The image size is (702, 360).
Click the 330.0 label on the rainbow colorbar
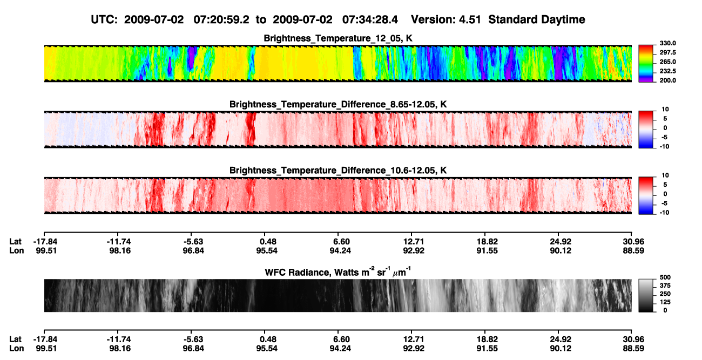(667, 43)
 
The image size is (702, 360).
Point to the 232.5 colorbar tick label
(667, 71)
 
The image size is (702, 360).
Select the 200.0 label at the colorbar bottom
(667, 80)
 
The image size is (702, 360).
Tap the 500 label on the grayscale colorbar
(665, 277)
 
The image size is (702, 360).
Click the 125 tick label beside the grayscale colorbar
(665, 302)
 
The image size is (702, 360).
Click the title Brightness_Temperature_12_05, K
(338, 38)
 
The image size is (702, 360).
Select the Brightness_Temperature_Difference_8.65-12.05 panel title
(338, 104)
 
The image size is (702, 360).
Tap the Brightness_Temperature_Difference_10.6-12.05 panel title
(338, 171)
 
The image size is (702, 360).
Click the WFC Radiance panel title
(338, 272)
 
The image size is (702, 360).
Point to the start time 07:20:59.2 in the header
(221, 20)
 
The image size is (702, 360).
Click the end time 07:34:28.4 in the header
(370, 20)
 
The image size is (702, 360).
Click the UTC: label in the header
(104, 20)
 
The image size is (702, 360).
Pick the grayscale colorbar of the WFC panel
(646, 295)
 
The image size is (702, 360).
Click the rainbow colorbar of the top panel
(646, 64)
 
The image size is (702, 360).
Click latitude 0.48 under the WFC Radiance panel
(268, 339)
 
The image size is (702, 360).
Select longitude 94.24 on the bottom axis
(340, 349)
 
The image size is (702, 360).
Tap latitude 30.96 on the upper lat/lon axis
(633, 242)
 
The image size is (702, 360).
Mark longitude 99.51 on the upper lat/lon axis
(46, 250)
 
